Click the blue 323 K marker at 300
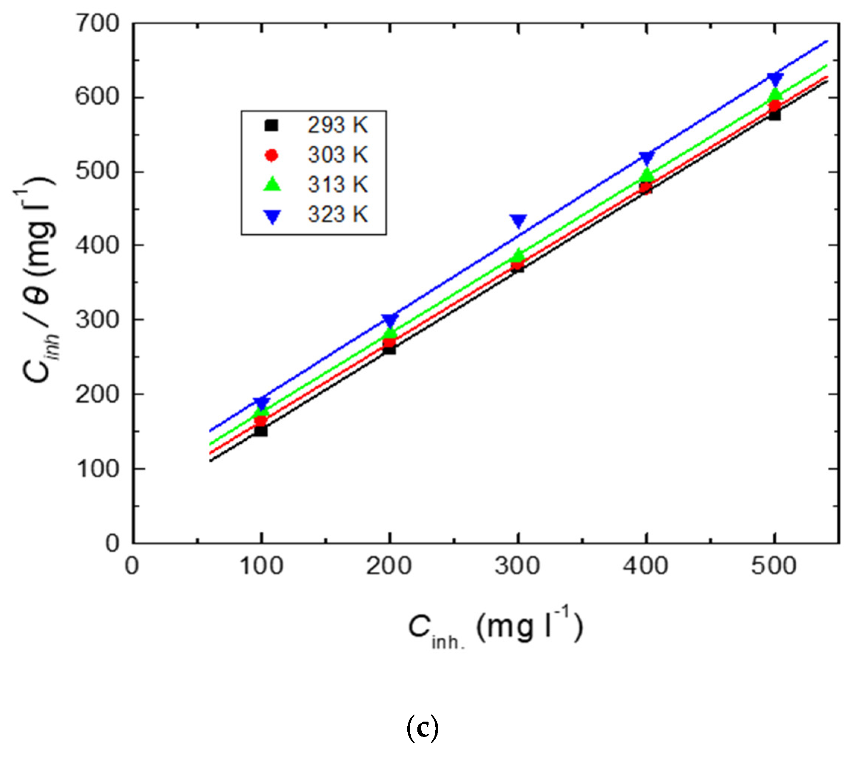pos(519,221)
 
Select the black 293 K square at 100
pos(261,431)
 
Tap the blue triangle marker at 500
pos(775,79)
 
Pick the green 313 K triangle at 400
pos(647,175)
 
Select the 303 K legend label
pos(338,155)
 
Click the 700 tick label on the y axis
pos(97,24)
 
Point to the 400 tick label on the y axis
pos(97,246)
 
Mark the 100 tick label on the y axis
pos(97,469)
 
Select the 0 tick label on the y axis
pos(112,544)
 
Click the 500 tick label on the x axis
pos(774,566)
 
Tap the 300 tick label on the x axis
pos(518,566)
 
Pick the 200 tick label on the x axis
pos(389,566)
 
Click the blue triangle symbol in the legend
pos(272,216)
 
